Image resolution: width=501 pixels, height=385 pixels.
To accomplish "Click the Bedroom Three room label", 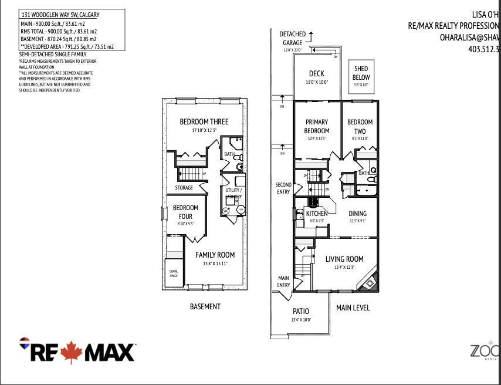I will point(204,122).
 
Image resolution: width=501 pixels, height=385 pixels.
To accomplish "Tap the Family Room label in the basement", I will point(215,255).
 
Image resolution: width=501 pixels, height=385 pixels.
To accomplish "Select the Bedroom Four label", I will point(185,212).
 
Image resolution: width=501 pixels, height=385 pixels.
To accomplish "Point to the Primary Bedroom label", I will point(317,126).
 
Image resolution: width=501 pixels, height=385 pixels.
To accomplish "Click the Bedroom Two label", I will point(360,126).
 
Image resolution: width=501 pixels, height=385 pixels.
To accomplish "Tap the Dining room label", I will point(357,214).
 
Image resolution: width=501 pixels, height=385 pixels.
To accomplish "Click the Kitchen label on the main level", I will point(317,214).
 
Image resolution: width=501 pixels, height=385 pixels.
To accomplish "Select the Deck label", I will point(317,74).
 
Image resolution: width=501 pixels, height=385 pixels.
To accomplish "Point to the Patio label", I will point(300,311).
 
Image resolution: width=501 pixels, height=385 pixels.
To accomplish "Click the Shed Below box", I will point(360,74).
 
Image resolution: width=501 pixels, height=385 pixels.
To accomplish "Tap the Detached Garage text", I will point(291,39).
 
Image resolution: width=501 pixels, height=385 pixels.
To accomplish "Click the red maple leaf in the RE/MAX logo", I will point(72,352).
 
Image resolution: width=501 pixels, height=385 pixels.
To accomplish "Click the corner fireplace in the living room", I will point(369,283).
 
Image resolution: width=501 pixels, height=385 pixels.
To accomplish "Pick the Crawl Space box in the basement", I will point(174,273).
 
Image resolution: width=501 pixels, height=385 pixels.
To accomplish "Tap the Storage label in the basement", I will point(184,188).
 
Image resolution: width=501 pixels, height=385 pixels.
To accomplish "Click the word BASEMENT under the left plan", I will point(205,306).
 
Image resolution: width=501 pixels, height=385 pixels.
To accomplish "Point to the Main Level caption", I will point(353,308).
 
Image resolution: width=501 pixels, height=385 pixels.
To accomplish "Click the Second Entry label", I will point(283,188).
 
